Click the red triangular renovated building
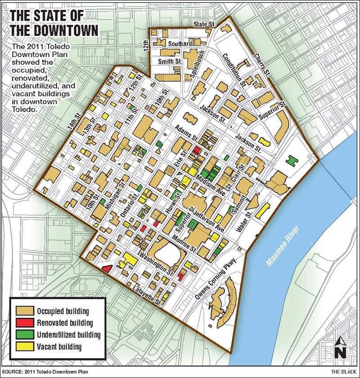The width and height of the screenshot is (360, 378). (107, 268)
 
